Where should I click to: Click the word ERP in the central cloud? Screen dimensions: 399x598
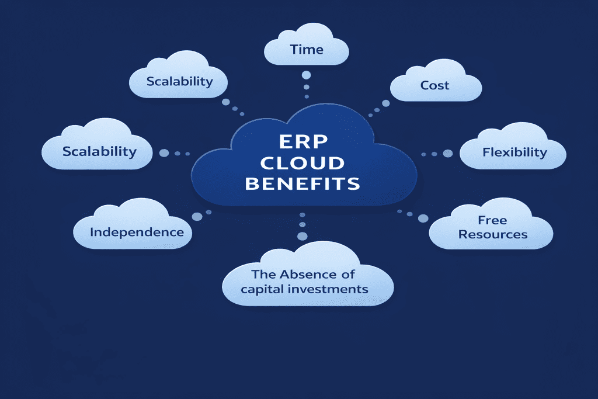pyautogui.click(x=303, y=142)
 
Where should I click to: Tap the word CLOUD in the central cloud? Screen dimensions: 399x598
pyautogui.click(x=303, y=163)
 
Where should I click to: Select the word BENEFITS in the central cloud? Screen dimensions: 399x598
pyautogui.click(x=303, y=184)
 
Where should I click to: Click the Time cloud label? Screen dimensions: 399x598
pyautogui.click(x=307, y=50)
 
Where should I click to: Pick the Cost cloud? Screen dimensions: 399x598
pyautogui.click(x=435, y=85)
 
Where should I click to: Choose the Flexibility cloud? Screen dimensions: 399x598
pyautogui.click(x=514, y=152)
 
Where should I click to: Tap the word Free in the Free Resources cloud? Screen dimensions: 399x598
pyautogui.click(x=492, y=220)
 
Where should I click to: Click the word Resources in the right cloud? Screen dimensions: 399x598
pyautogui.click(x=493, y=234)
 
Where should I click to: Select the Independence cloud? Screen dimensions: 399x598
pyautogui.click(x=137, y=232)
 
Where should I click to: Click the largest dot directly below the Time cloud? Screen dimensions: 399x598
pyautogui.click(x=306, y=75)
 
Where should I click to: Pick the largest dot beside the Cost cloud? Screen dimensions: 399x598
pyautogui.click(x=385, y=103)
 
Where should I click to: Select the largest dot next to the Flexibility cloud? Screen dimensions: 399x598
pyautogui.click(x=448, y=154)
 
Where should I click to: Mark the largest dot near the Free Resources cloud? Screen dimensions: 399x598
pyautogui.click(x=423, y=218)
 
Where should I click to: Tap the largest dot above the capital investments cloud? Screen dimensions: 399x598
pyautogui.click(x=302, y=236)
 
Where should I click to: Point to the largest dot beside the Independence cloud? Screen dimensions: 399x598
pyautogui.click(x=197, y=216)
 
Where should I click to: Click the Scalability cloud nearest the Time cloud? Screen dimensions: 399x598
pyautogui.click(x=179, y=81)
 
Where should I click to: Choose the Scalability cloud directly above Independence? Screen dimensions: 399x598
pyautogui.click(x=99, y=151)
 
